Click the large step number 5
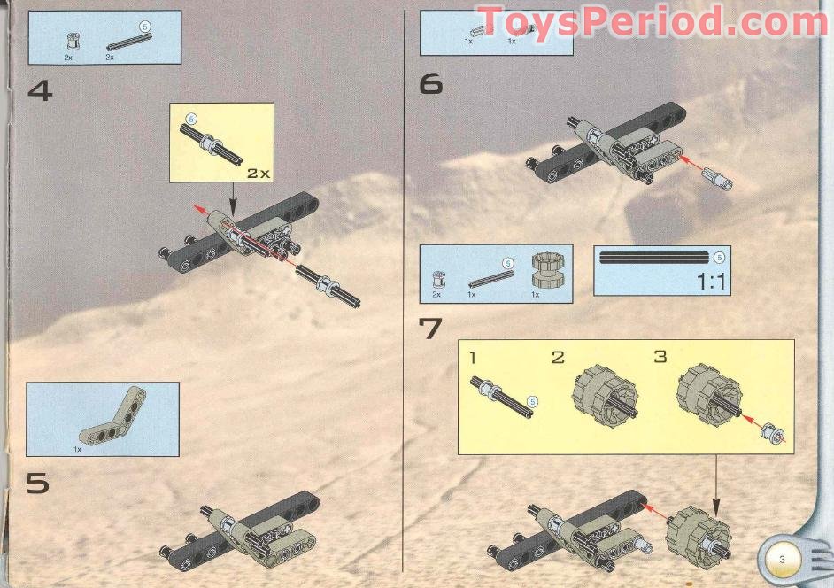(36, 484)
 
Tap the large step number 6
(430, 84)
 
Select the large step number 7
(430, 328)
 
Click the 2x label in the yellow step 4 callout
(258, 174)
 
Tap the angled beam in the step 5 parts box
(111, 416)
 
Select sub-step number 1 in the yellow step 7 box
(474, 358)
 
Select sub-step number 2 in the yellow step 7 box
(557, 358)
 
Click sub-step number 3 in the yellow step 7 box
(660, 358)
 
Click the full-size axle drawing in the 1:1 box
(655, 258)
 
